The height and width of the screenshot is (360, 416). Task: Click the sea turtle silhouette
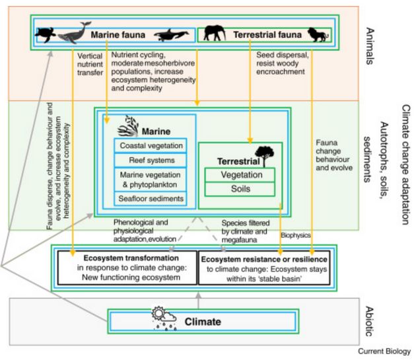46,35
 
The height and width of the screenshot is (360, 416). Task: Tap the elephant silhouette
215,33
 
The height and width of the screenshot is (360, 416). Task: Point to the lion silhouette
318,34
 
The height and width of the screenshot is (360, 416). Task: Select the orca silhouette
172,35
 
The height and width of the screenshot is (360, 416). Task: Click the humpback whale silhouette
74,32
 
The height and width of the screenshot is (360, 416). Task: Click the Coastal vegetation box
151,145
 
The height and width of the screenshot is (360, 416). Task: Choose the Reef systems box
151,160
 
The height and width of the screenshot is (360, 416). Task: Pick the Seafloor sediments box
151,199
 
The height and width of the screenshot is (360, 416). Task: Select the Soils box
240,189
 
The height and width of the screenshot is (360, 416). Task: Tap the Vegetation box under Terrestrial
240,175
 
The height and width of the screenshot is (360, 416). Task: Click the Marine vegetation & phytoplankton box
151,180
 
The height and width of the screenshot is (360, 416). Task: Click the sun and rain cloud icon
164,318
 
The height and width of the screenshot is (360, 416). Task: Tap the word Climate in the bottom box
203,322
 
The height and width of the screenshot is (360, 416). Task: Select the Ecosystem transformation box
127,268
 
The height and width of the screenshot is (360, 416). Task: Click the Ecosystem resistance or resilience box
265,268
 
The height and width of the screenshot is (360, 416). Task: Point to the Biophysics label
296,235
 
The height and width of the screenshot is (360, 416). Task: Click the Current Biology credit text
384,351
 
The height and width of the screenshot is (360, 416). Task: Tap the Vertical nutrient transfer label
90,64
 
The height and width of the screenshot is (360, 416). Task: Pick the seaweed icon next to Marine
128,126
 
